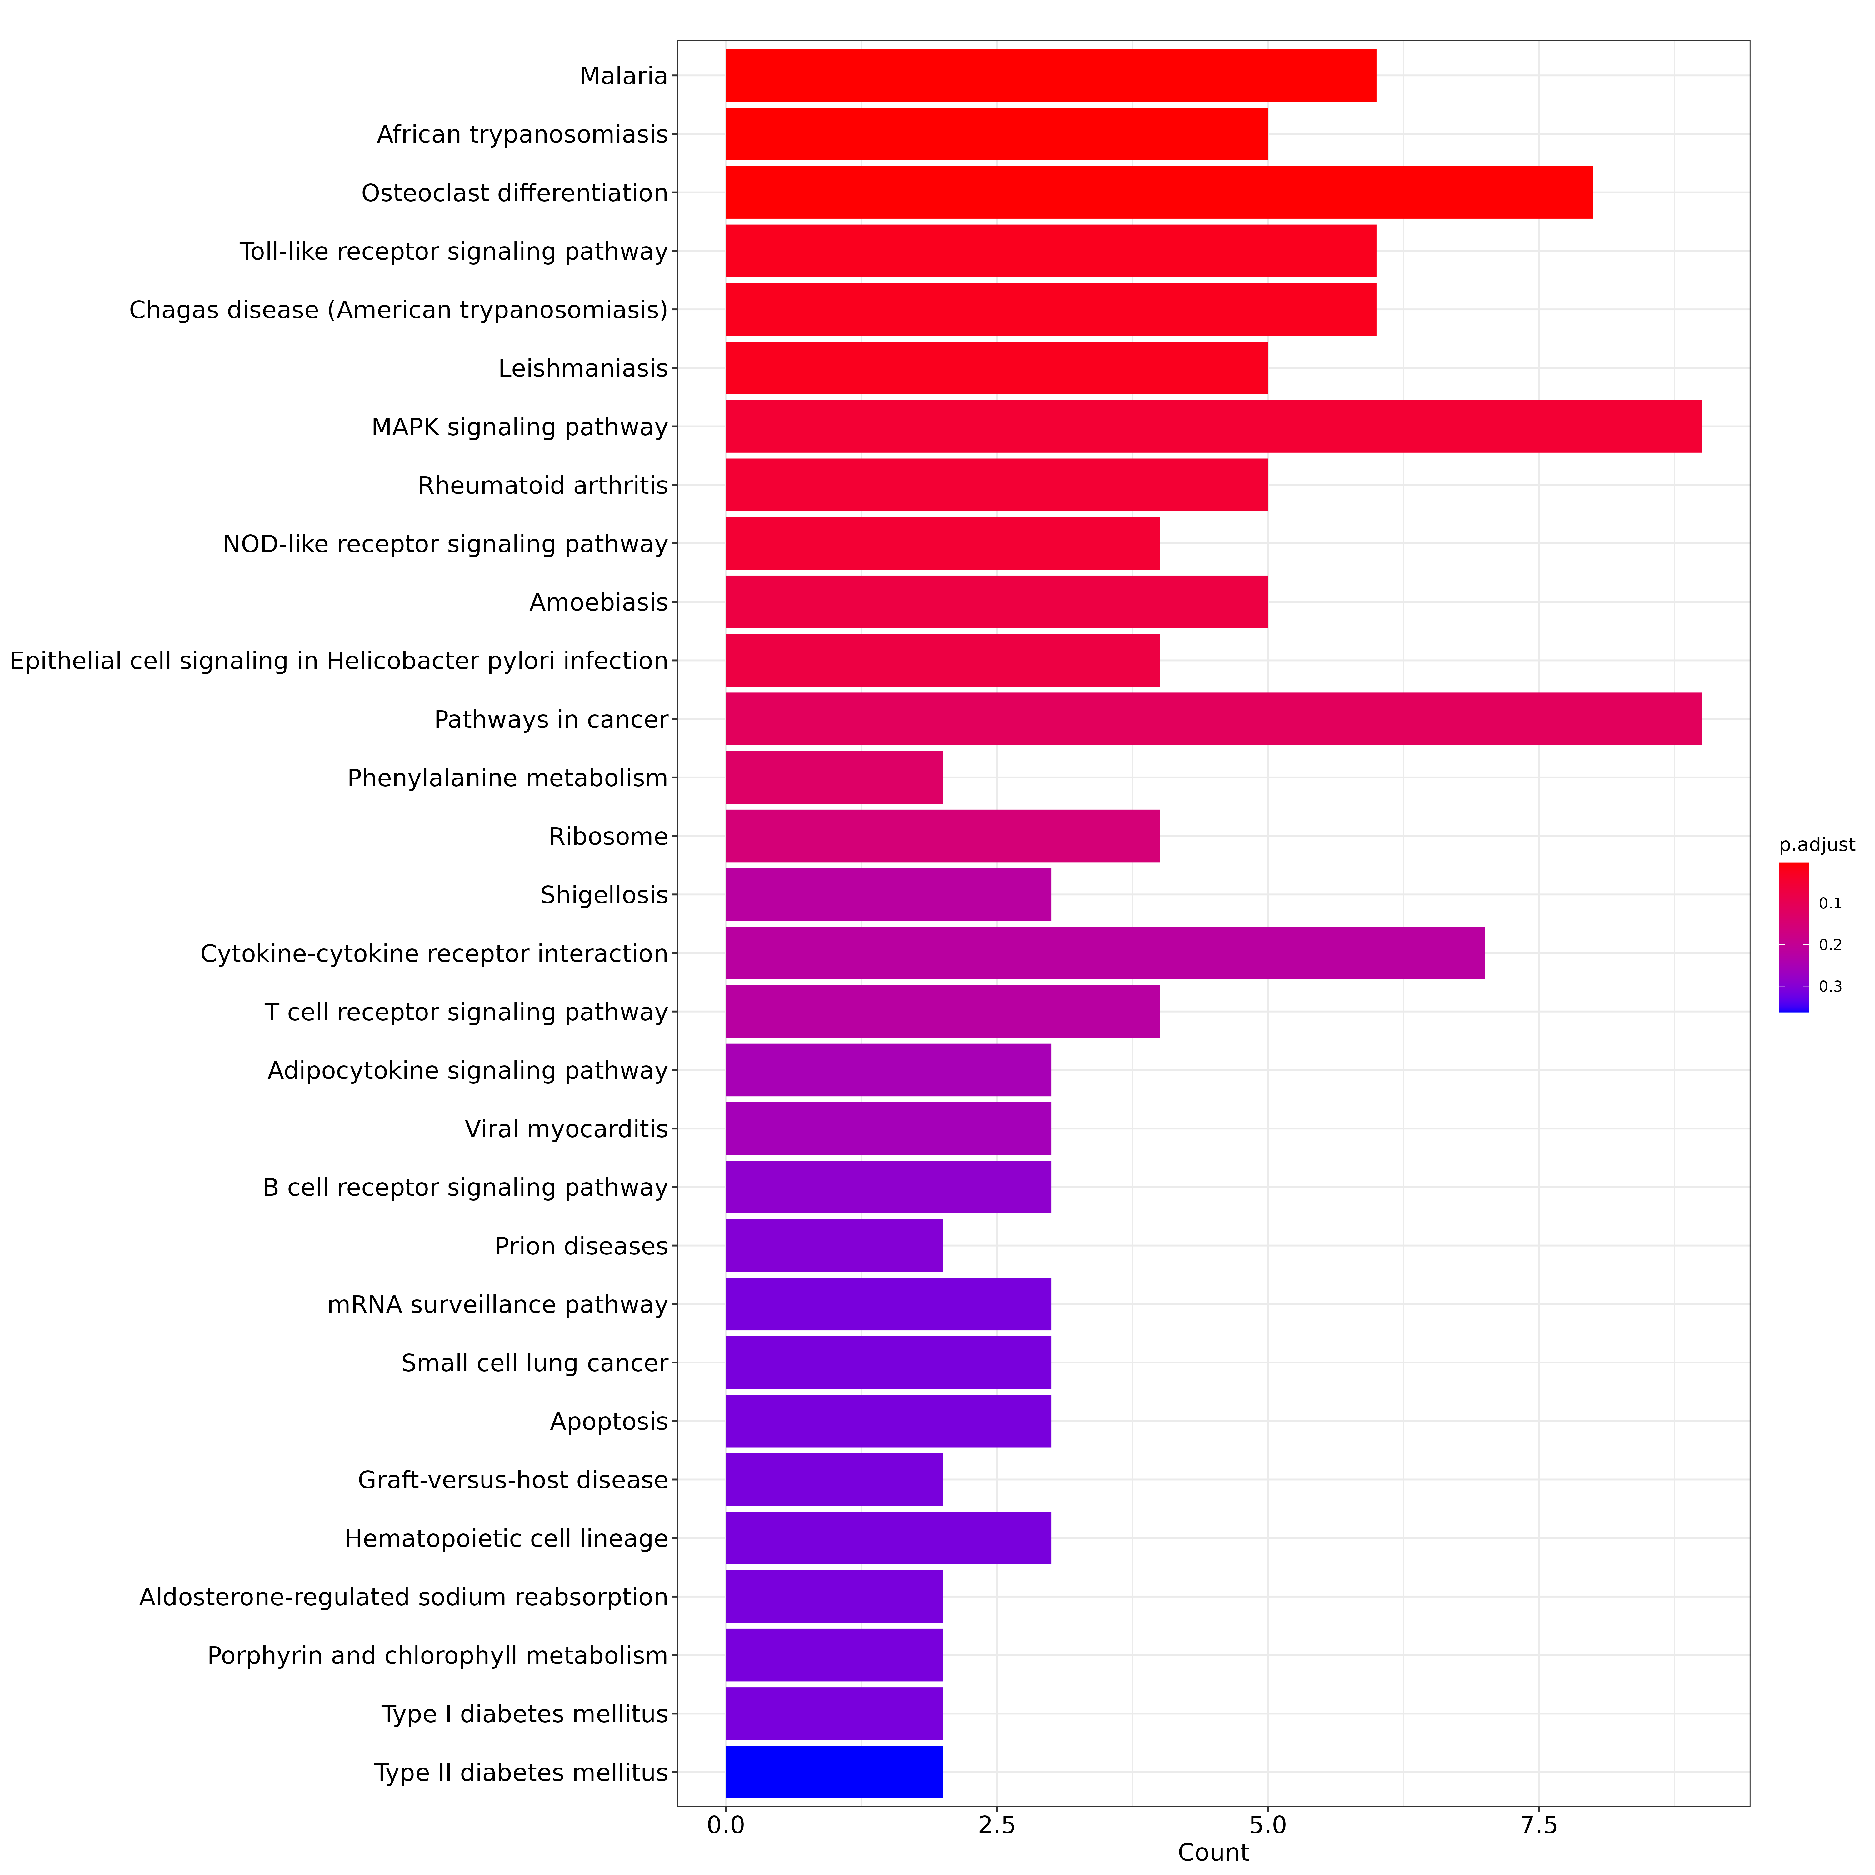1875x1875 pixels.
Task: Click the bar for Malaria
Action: tap(1051, 76)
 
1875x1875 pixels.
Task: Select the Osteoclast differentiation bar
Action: tap(1160, 192)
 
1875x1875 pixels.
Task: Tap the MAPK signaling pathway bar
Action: tap(1214, 426)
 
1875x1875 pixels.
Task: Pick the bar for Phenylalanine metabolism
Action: tap(835, 777)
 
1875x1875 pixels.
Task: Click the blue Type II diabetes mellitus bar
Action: tap(835, 1772)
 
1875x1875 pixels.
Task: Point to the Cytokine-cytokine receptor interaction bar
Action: tap(1105, 953)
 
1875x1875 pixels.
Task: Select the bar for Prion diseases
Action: tap(835, 1245)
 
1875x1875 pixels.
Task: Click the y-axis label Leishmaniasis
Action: tap(583, 369)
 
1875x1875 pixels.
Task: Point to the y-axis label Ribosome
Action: tap(608, 837)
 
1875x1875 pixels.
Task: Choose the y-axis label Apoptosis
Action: tap(609, 1422)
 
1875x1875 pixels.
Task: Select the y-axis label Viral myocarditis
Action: tap(567, 1129)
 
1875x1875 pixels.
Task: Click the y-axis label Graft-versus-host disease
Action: tap(513, 1480)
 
